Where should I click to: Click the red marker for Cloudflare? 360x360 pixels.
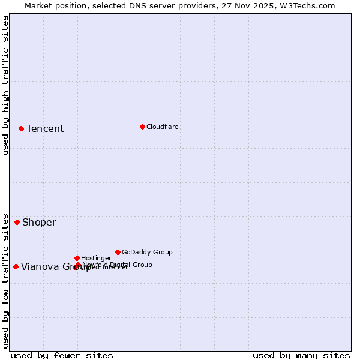pyautogui.click(x=142, y=127)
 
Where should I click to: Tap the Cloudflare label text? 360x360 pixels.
pyautogui.click(x=162, y=127)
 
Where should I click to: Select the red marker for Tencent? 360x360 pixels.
pyautogui.click(x=21, y=128)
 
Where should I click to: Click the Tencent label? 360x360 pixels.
pyautogui.click(x=45, y=128)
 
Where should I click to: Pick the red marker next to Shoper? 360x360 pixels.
pyautogui.click(x=17, y=222)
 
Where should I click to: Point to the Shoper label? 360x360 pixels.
pyautogui.click(x=39, y=222)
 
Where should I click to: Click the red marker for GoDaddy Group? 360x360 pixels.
pyautogui.click(x=118, y=252)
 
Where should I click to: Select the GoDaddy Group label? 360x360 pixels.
pyautogui.click(x=147, y=252)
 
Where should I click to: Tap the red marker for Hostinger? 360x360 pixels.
pyautogui.click(x=77, y=258)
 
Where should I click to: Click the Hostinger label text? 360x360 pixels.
pyautogui.click(x=96, y=258)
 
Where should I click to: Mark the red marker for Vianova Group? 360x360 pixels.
pyautogui.click(x=16, y=266)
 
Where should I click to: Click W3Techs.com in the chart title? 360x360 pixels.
pyautogui.click(x=307, y=6)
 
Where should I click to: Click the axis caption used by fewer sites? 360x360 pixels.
pyautogui.click(x=62, y=355)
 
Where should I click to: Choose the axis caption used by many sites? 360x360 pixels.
pyautogui.click(x=301, y=355)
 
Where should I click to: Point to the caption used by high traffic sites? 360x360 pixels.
pyautogui.click(x=6, y=85)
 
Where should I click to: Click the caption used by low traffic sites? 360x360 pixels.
pyautogui.click(x=6, y=280)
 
